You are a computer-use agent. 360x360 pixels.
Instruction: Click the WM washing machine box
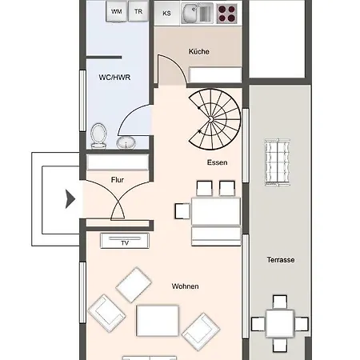(117, 11)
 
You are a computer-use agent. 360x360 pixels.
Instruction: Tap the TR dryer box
(138, 11)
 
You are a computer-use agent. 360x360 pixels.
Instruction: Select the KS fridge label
(166, 13)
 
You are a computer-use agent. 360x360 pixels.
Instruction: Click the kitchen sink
(198, 14)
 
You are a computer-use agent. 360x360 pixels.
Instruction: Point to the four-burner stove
(227, 14)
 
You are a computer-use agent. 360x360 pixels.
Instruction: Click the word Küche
(198, 51)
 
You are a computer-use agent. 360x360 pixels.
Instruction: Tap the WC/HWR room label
(114, 78)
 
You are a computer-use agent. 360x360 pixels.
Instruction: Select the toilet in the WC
(98, 135)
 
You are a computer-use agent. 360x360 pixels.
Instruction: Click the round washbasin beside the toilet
(126, 142)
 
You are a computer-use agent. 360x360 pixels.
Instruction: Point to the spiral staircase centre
(210, 120)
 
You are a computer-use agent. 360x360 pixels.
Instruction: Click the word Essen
(217, 162)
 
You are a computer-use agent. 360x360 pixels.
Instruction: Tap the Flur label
(118, 180)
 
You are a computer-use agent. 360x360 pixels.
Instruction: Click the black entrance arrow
(70, 199)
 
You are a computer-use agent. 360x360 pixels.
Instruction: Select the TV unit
(125, 241)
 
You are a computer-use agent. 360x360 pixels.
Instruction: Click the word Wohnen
(185, 286)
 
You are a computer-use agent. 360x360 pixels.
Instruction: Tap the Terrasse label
(281, 260)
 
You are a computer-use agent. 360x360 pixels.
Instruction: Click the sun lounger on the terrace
(278, 162)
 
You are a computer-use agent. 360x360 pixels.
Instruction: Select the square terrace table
(280, 323)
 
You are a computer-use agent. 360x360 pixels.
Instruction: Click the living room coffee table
(158, 321)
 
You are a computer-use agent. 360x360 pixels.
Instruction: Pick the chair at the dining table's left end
(182, 211)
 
